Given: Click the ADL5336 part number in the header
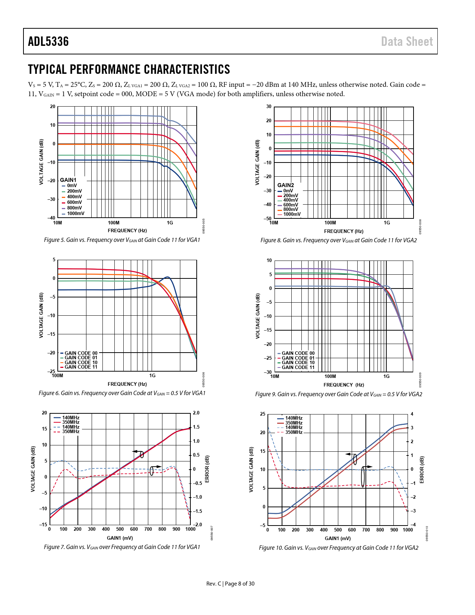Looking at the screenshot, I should tap(48, 41).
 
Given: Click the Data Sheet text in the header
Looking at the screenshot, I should tap(407, 41).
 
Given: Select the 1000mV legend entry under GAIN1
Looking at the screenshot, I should tap(75, 214).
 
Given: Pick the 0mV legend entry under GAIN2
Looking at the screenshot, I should tap(288, 191).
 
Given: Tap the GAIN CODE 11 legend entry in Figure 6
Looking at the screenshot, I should tap(81, 367).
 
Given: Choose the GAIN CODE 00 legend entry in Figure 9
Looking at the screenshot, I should tap(298, 353).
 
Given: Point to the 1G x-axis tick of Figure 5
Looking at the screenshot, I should tap(170, 223).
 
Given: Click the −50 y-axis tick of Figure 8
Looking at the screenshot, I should tap(268, 218).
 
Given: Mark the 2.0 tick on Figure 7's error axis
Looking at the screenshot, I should tap(196, 413).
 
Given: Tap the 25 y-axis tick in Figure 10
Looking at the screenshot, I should tap(263, 414).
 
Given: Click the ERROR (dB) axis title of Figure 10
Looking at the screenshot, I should tap(422, 470).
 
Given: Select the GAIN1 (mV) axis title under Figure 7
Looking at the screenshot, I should tap(120, 538).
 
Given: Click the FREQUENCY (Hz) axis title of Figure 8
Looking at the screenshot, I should tap(343, 231).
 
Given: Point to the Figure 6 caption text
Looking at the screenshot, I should tap(122, 393).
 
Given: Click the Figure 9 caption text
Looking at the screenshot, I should tap(338, 394).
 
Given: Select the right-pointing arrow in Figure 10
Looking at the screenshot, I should tap(368, 467).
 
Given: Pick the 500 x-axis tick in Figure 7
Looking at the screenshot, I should tap(120, 529).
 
